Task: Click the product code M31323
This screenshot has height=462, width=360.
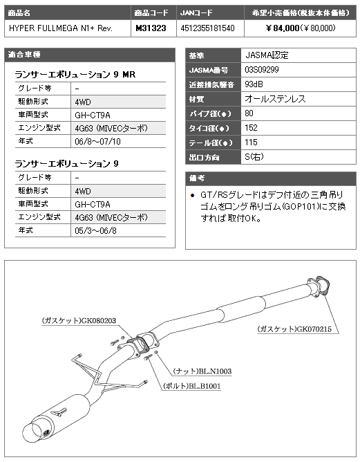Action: pos(151,28)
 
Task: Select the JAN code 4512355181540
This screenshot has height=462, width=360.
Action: pos(207,28)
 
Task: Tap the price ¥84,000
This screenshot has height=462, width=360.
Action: pos(283,28)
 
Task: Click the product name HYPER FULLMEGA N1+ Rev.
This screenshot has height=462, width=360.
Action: pos(61,28)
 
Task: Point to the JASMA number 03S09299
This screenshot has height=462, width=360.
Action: pos(262,70)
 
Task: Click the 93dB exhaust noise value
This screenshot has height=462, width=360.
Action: pos(254,84)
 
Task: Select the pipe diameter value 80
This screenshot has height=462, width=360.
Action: pos(249,113)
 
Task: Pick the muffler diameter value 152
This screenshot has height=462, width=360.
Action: pos(251,127)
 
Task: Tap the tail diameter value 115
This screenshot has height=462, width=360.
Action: pos(251,142)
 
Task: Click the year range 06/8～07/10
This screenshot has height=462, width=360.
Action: pos(97,141)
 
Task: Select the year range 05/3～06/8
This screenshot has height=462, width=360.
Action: pos(95,230)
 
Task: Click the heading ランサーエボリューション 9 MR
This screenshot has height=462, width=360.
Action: pos(75,74)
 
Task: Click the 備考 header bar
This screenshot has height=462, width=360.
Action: pos(270,178)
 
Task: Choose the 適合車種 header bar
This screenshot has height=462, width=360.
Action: pos(90,55)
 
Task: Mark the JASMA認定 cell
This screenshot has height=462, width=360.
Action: pos(299,55)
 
